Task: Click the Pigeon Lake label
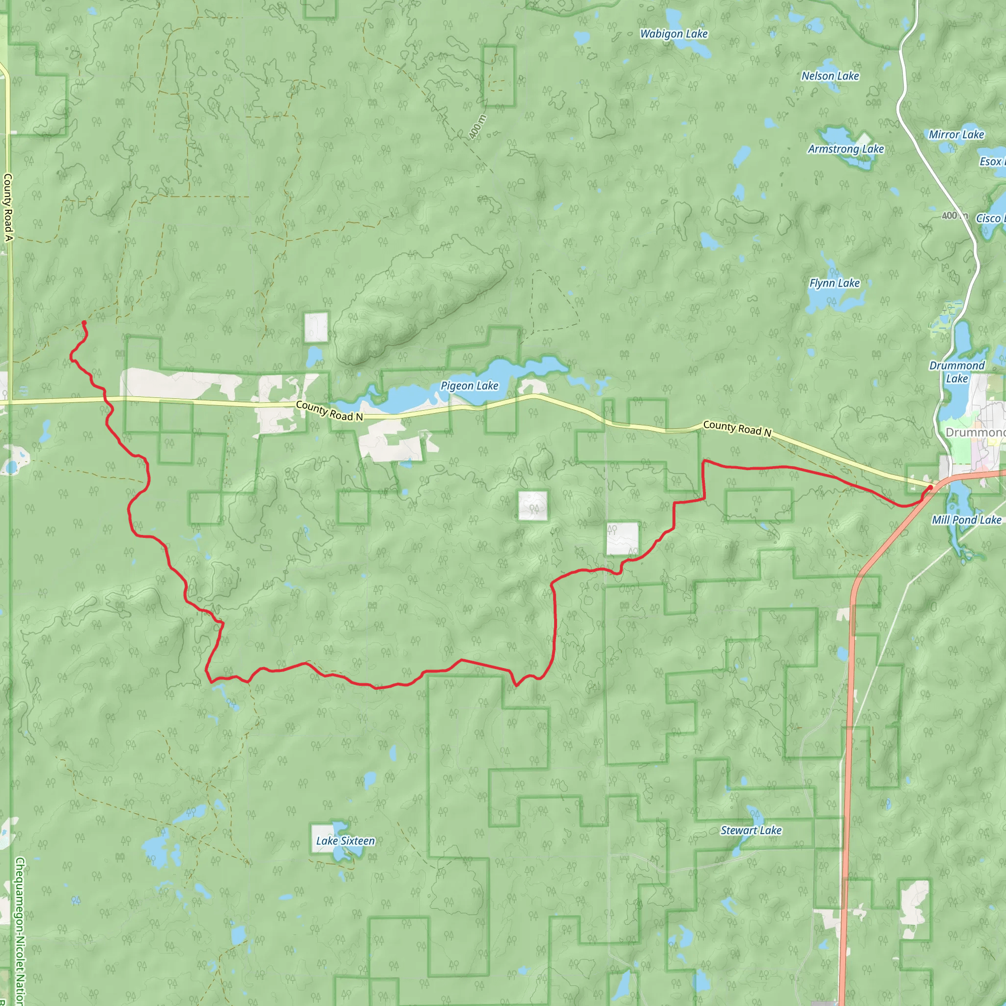coord(469,386)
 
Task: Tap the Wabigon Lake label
coord(674,34)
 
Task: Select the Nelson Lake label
coord(830,76)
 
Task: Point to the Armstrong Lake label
coord(846,149)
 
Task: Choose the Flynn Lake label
coord(834,283)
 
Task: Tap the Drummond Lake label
coord(956,372)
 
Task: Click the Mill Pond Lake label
coord(966,520)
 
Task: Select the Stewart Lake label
coord(751,831)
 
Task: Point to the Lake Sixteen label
coord(345,841)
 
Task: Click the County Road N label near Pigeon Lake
coord(329,411)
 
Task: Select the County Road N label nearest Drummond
coord(737,428)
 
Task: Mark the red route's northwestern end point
coord(84,323)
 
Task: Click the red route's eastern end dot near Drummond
coord(930,487)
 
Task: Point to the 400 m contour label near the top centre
coord(477,127)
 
